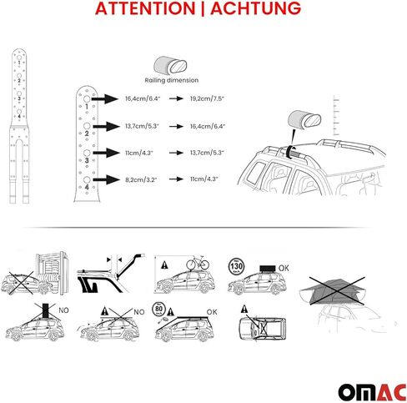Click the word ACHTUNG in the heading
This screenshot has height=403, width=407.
tap(255, 10)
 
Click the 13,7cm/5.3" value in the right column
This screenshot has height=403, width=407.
tap(206, 153)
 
